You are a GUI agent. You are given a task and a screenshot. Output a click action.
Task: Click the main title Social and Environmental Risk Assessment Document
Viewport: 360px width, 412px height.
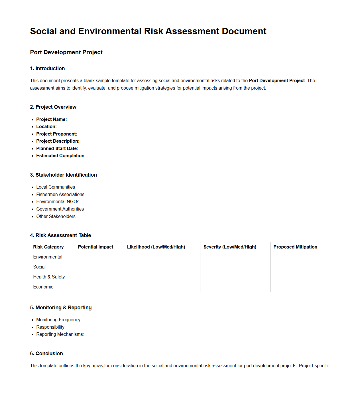click(148, 31)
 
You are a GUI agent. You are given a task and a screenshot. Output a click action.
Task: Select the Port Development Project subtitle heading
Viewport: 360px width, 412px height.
click(66, 52)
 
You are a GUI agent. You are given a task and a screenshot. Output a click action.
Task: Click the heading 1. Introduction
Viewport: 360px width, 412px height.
click(47, 68)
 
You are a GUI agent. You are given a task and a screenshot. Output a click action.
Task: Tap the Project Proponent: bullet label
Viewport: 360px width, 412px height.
click(56, 134)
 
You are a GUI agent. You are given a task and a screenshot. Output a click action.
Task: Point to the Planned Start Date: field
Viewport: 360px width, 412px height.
click(57, 149)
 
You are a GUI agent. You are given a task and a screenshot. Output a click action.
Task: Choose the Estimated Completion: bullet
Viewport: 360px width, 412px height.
click(61, 156)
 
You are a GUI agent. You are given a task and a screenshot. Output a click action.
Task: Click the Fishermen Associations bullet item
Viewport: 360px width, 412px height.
click(60, 195)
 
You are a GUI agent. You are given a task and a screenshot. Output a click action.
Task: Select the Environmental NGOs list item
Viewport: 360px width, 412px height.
click(58, 202)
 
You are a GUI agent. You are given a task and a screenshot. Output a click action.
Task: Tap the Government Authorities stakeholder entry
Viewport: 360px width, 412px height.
click(60, 209)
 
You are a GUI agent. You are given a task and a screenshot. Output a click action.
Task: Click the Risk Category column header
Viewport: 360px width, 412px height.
click(48, 247)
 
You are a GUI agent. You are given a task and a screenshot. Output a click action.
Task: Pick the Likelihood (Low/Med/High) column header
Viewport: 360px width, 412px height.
click(156, 247)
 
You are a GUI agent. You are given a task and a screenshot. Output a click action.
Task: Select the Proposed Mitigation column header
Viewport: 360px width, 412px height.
click(295, 247)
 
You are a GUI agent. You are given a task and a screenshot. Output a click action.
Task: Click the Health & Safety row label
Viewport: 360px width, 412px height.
click(49, 277)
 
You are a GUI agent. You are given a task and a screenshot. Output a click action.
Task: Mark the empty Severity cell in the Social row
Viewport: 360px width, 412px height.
click(235, 267)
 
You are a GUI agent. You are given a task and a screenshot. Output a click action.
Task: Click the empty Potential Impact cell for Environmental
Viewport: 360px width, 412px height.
click(99, 257)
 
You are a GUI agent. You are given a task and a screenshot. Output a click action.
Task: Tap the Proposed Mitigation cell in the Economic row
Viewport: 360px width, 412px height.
click(300, 287)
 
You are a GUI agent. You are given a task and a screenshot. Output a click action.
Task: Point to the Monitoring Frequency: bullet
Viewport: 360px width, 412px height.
click(59, 320)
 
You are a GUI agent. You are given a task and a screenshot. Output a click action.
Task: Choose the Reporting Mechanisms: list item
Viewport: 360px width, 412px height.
click(60, 334)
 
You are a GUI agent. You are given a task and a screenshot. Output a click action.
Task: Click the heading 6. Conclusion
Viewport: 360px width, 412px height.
click(46, 354)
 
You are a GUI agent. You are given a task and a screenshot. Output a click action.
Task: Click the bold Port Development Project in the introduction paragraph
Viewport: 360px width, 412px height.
click(276, 81)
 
